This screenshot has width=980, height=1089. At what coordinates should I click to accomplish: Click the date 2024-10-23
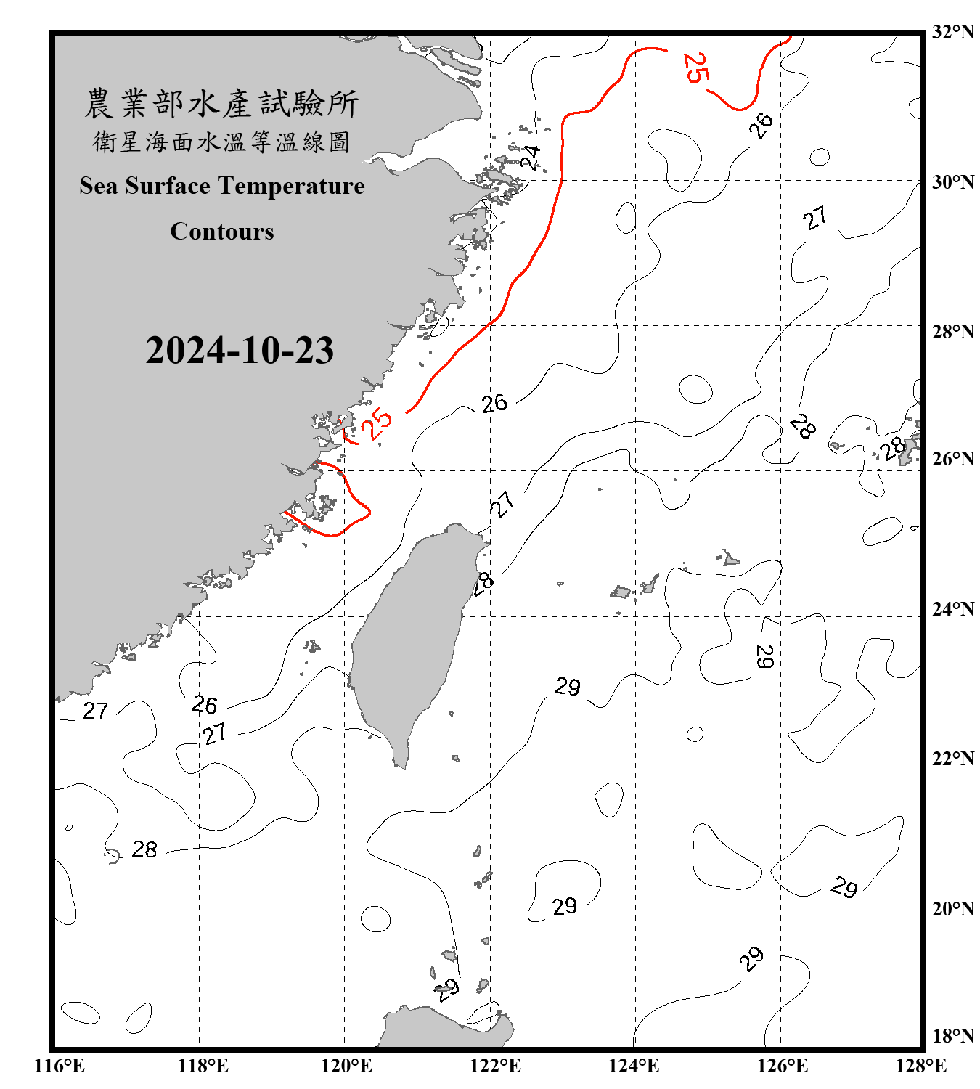tap(240, 351)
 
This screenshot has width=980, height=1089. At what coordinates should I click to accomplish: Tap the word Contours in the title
tap(222, 232)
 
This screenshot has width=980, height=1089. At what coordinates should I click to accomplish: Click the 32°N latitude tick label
tap(952, 32)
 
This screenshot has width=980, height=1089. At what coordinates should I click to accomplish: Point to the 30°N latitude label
tap(952, 181)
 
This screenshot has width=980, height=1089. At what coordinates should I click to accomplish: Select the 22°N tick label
tap(952, 759)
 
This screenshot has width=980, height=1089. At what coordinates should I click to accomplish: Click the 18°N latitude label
tap(952, 1035)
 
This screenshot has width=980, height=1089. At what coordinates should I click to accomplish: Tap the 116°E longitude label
tap(59, 1066)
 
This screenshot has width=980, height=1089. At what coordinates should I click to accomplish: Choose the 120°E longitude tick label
tap(346, 1066)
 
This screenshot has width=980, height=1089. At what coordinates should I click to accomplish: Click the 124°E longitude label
tap(634, 1066)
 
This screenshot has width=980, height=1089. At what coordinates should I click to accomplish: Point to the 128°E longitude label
tap(920, 1066)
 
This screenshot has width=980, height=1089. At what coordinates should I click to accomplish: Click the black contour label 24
tap(531, 157)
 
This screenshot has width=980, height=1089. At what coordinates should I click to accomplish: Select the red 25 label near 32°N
tap(695, 68)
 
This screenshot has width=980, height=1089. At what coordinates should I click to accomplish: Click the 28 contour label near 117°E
tap(144, 849)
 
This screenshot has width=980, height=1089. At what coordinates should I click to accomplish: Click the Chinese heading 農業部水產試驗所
tap(221, 104)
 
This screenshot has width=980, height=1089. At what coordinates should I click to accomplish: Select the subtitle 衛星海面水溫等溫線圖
tap(221, 142)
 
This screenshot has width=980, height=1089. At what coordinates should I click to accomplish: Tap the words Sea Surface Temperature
tap(222, 186)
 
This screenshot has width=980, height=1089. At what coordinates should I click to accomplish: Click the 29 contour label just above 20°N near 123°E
tap(564, 906)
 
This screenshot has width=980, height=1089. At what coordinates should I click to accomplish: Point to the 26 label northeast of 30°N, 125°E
tap(761, 125)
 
